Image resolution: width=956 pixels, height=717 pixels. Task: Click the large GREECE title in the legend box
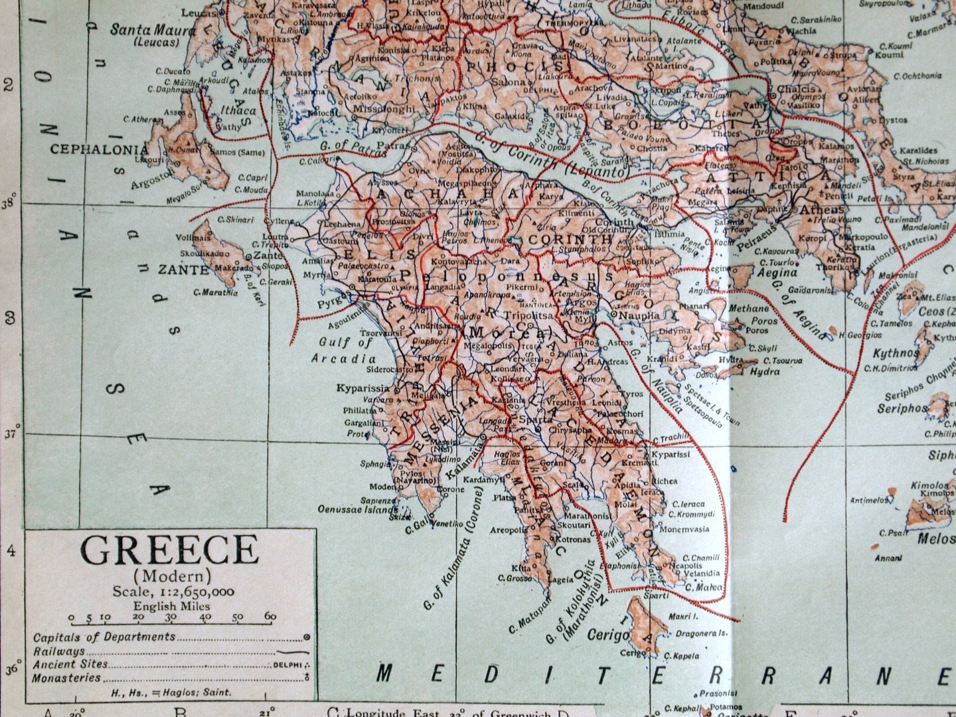169,550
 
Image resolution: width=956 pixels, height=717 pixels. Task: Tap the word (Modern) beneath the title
172,575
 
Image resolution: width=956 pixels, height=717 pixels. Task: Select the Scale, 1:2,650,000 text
173,592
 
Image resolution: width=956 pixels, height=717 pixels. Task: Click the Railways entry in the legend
59,651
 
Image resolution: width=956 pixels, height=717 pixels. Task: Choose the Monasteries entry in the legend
67,678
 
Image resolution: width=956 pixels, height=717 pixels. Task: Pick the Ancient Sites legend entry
70,665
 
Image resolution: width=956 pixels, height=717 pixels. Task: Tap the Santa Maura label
153,31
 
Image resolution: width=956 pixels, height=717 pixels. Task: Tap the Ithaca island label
239,111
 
